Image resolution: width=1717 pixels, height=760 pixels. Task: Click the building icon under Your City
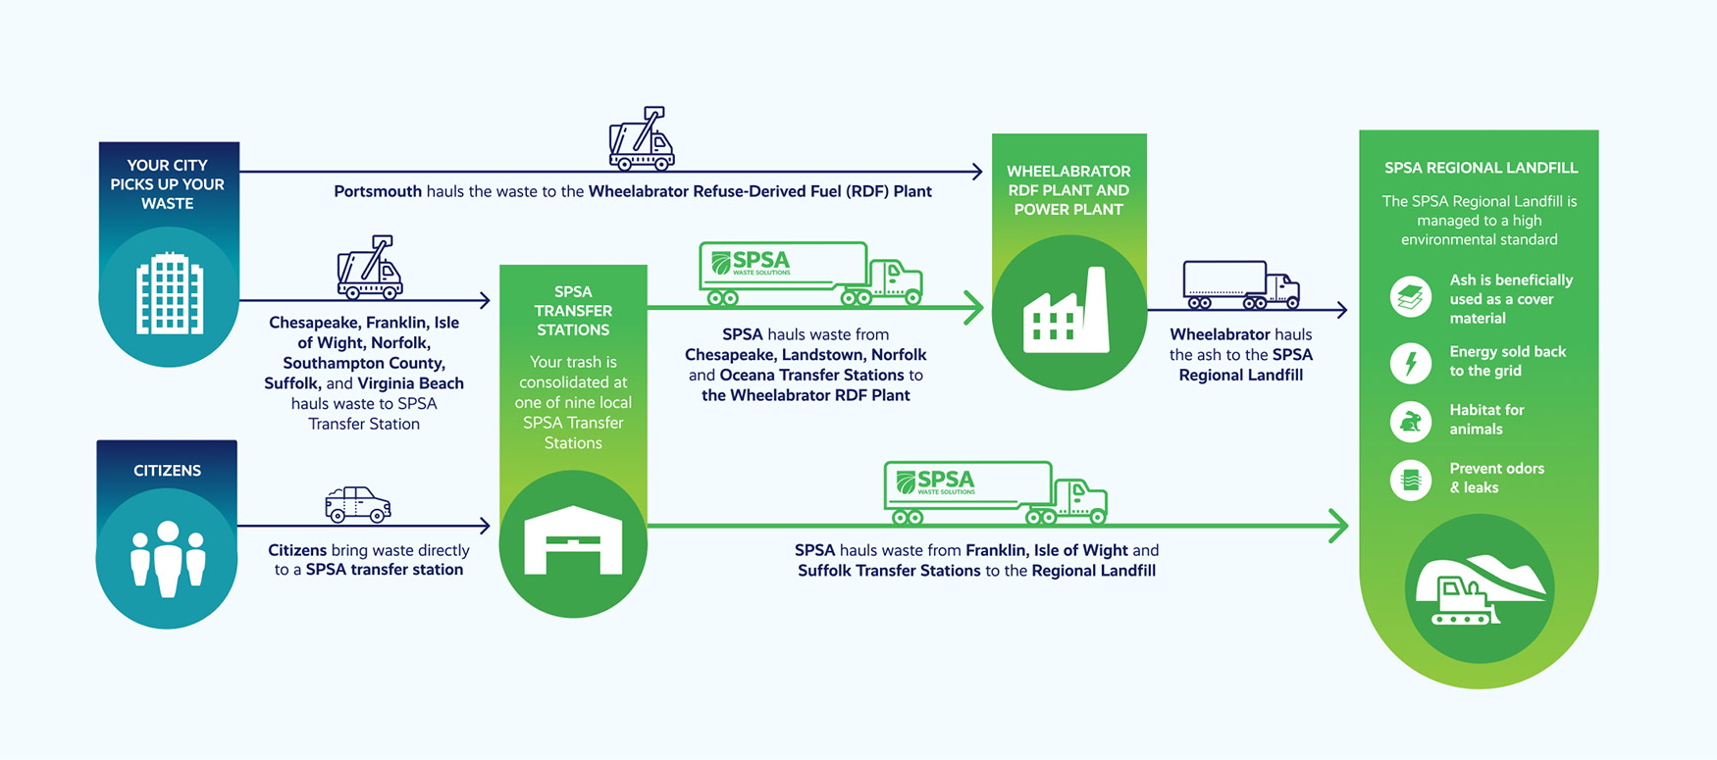(170, 293)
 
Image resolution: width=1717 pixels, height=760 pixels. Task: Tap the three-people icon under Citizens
(168, 558)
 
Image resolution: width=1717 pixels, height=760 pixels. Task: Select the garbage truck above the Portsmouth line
(642, 139)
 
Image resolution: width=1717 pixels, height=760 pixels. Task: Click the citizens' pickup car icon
(358, 504)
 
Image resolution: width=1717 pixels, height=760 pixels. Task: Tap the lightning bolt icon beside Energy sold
(1411, 362)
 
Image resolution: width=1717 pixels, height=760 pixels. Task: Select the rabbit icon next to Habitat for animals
(1411, 421)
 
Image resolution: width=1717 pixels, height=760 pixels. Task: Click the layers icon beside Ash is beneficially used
(1411, 297)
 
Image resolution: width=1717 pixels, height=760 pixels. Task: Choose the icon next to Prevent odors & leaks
(1411, 480)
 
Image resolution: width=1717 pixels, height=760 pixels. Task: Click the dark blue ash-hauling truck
(1241, 284)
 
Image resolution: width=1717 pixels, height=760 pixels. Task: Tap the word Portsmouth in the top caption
(378, 191)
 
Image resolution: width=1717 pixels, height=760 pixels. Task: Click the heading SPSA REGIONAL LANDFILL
(1481, 168)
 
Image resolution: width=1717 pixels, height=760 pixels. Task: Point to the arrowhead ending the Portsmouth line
(976, 172)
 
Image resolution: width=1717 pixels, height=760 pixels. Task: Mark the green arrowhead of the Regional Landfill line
(1339, 526)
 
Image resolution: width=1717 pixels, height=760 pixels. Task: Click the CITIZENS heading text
(167, 471)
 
